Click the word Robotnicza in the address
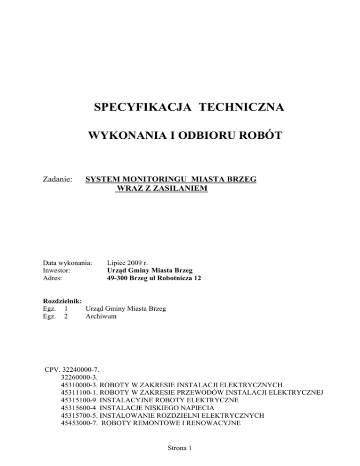165,278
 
